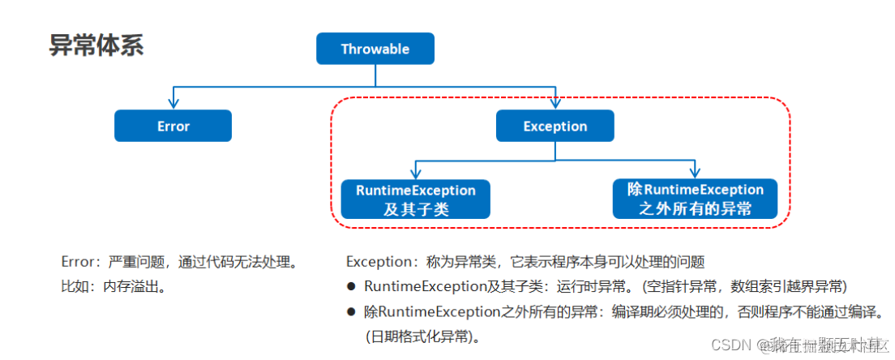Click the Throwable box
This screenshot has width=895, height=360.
click(375, 49)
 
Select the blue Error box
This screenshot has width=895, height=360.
click(173, 126)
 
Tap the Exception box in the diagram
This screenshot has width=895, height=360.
click(555, 126)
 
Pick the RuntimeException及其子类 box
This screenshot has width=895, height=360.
click(415, 199)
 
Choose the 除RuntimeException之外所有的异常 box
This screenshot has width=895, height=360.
click(695, 199)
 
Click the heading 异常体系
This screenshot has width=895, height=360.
click(96, 45)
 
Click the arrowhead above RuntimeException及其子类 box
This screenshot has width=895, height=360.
click(415, 174)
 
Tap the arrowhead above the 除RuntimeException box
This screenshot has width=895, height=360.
click(695, 174)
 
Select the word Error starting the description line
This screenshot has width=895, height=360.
click(78, 262)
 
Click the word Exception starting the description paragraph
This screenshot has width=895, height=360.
click(380, 262)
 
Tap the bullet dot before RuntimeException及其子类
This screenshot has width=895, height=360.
click(351, 286)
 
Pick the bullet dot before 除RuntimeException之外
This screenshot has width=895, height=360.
click(351, 311)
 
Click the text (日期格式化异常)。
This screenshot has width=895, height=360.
click(422, 336)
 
